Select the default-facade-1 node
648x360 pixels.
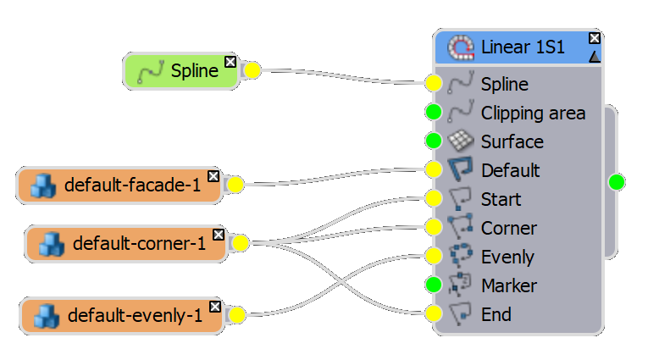(119, 186)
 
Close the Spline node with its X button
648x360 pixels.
(230, 61)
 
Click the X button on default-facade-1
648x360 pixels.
(213, 175)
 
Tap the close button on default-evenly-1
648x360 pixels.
(215, 306)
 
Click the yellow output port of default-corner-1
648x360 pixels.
(241, 244)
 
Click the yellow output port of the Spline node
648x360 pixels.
(252, 72)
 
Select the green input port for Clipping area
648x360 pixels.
(434, 113)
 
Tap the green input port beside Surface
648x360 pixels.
(434, 141)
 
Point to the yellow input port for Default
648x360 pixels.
(434, 170)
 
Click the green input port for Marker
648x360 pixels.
(434, 285)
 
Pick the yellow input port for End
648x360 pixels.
(434, 314)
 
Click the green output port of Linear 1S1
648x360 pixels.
(617, 181)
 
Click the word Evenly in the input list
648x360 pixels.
(507, 257)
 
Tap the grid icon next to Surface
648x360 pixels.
(460, 141)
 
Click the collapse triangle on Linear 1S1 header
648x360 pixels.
(595, 56)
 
